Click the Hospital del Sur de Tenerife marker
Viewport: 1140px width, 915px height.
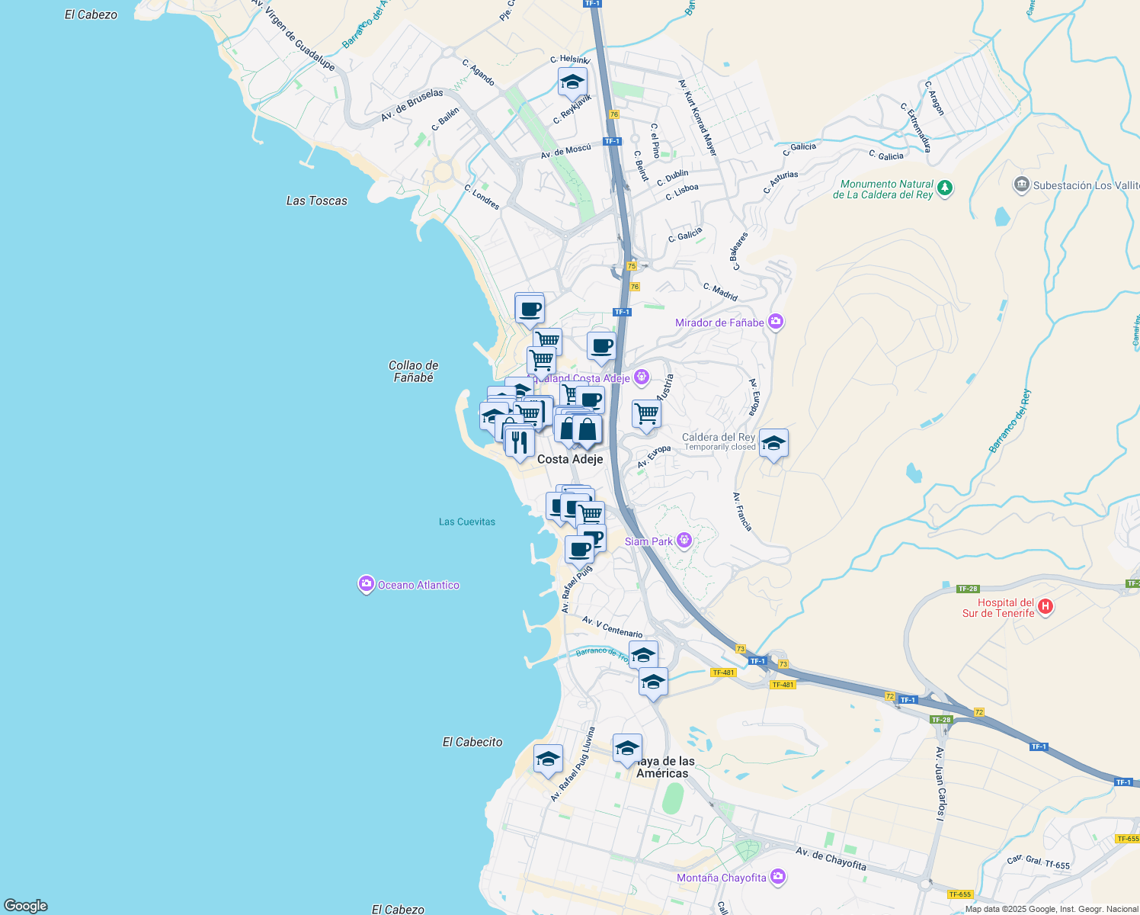pos(1046,607)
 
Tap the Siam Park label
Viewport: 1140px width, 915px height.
pos(648,541)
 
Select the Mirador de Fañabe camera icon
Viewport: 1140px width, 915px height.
pos(776,322)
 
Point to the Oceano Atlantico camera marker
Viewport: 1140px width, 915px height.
pos(366,585)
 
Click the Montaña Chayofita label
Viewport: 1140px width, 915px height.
pos(721,878)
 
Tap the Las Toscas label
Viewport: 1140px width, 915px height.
pos(316,201)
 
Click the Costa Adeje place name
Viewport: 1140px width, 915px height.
pos(570,459)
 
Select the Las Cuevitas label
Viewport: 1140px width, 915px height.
pos(466,522)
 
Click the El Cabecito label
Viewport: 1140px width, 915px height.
pos(472,742)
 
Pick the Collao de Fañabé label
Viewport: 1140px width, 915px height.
pos(413,371)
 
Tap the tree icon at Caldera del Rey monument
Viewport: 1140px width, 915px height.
pos(945,187)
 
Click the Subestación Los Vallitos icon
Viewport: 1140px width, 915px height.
pos(1021,185)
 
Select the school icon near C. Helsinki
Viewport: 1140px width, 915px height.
pos(572,82)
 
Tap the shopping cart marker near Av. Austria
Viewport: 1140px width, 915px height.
pos(646,414)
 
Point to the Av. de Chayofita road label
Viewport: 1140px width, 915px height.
pos(831,859)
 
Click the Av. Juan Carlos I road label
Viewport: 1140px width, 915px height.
pos(940,783)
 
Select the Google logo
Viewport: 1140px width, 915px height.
pos(25,906)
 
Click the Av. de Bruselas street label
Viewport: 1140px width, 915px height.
pos(411,105)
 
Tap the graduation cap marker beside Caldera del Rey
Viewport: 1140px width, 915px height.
pos(773,444)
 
